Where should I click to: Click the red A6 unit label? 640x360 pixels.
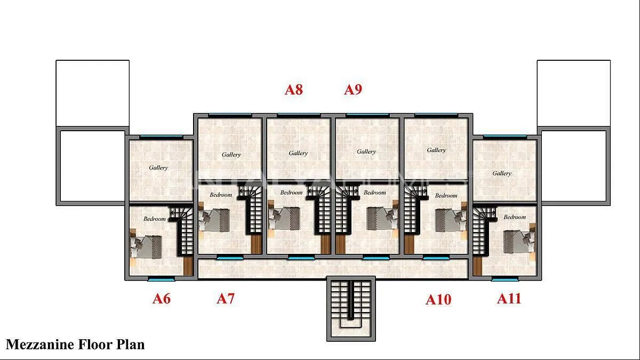[x=162, y=299]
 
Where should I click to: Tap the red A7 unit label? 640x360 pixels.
[x=226, y=299]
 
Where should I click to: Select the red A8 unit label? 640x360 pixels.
[x=294, y=90]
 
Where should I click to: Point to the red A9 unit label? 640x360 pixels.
[x=353, y=90]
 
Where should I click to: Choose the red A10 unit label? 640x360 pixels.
[x=438, y=300]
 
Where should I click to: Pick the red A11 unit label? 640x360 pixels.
[x=509, y=299]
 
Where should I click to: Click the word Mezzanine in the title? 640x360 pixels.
[x=40, y=345]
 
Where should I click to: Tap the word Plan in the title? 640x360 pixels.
[x=130, y=345]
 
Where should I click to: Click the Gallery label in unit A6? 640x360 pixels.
[x=158, y=167]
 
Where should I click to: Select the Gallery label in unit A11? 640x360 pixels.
[x=502, y=173]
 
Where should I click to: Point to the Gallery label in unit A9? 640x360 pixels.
[x=366, y=151]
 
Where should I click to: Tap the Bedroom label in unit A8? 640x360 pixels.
[x=291, y=193]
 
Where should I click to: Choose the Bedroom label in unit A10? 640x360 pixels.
[x=446, y=196]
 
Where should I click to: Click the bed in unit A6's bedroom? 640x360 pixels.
[x=146, y=247]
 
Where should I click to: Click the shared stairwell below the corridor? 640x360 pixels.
[x=351, y=309]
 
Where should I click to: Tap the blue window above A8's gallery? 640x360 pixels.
[x=299, y=115]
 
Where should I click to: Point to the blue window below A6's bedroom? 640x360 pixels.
[x=161, y=279]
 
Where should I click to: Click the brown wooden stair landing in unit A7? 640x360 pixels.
[x=257, y=244]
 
